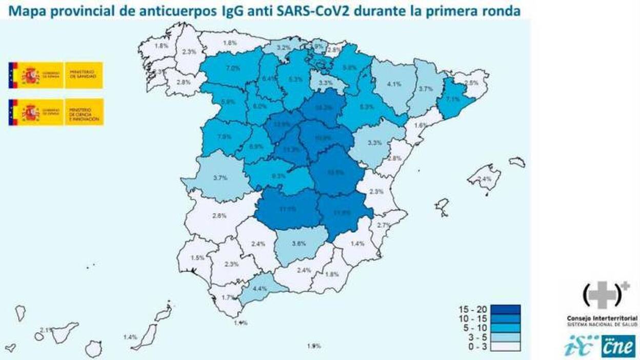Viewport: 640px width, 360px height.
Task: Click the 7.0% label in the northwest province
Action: tap(233, 68)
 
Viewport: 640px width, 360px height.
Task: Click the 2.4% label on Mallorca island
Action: tap(485, 179)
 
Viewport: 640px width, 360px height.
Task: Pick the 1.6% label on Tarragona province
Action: tap(421, 125)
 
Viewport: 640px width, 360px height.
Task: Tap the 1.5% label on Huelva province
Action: tap(197, 257)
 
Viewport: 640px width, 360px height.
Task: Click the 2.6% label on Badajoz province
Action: tap(219, 216)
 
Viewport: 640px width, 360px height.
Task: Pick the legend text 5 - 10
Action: tap(472, 328)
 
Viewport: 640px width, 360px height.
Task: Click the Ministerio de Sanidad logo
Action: tap(56, 75)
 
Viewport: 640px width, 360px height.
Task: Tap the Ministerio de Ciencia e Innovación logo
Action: tap(56, 112)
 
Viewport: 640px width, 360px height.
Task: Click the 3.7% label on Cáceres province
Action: tap(220, 178)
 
